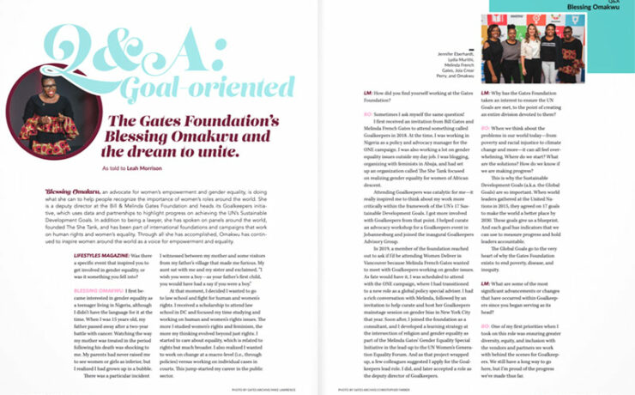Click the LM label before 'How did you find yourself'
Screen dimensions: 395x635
366,90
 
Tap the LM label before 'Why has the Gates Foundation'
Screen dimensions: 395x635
486,90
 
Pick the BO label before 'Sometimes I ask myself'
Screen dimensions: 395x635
366,112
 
